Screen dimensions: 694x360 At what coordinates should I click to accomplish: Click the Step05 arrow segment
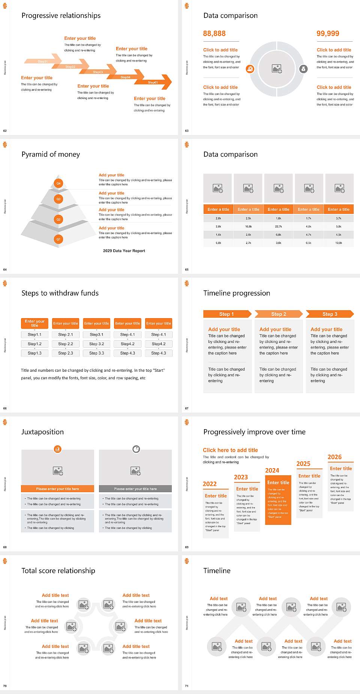click(x=154, y=82)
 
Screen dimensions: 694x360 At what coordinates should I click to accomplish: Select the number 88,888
click(x=214, y=33)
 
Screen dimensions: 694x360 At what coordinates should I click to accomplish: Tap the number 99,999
click(x=328, y=33)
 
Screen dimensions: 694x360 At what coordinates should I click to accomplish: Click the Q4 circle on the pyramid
click(x=58, y=183)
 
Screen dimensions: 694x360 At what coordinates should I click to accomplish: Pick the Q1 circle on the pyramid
click(x=58, y=239)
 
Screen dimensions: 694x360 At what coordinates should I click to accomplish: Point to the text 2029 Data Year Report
click(x=124, y=251)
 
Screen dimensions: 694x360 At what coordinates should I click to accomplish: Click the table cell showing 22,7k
click(x=278, y=227)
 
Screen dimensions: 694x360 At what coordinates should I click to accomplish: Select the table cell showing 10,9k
click(x=339, y=243)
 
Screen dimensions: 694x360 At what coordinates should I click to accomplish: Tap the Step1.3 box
click(x=34, y=353)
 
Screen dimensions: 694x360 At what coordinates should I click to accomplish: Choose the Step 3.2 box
click(x=96, y=344)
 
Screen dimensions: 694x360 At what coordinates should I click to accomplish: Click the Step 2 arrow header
click(x=279, y=314)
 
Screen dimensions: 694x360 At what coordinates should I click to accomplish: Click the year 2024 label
click(x=272, y=470)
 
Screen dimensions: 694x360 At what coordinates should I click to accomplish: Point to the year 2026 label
click(x=334, y=457)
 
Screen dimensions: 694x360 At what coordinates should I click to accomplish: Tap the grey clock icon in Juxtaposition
click(x=136, y=449)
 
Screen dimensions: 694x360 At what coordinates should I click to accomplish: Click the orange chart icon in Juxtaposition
click(x=57, y=449)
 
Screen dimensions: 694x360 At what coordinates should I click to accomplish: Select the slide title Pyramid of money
click(x=51, y=154)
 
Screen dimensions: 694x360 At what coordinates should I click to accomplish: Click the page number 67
click(x=187, y=408)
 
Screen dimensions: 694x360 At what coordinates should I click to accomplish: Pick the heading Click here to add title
click(x=230, y=450)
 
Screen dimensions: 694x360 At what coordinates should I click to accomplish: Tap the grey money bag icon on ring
click(x=303, y=69)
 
